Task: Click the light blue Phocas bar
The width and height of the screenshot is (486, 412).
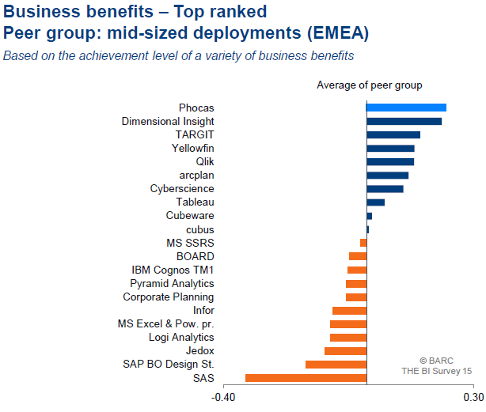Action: click(x=406, y=108)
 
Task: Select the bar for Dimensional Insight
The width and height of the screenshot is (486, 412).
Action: click(x=404, y=121)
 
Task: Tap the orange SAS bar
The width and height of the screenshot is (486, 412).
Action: click(x=306, y=378)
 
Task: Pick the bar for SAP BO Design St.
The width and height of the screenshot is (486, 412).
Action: click(x=336, y=365)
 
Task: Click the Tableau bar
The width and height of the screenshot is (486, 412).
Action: click(x=375, y=202)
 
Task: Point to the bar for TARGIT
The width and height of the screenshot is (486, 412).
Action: click(x=393, y=134)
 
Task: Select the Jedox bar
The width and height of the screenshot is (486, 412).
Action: click(x=345, y=351)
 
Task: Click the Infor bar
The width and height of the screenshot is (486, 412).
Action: click(x=349, y=311)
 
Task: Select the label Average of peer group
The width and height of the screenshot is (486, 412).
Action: click(x=369, y=85)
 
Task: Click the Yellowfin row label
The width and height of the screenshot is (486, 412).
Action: click(x=192, y=148)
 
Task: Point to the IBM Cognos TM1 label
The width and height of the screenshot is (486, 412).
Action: click(x=173, y=270)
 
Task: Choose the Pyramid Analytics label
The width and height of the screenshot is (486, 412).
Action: click(x=172, y=283)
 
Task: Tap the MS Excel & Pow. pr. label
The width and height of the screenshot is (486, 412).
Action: click(x=165, y=324)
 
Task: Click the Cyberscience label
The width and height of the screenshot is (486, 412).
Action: click(x=182, y=189)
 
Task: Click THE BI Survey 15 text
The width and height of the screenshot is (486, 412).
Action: click(x=436, y=370)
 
